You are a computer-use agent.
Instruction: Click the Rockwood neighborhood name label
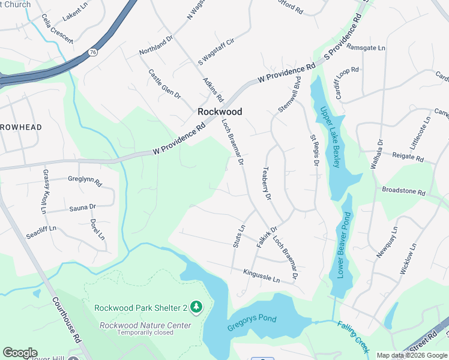[x=220, y=112]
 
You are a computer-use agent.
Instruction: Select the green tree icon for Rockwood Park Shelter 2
[x=196, y=307]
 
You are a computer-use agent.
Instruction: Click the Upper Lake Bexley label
[x=331, y=137]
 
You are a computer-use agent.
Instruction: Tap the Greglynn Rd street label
[x=85, y=179]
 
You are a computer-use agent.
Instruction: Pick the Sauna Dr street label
[x=82, y=207]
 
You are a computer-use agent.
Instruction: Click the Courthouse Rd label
[x=66, y=320]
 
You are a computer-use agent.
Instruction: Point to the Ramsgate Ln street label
[x=366, y=47]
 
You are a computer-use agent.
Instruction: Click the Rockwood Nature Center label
[x=145, y=325]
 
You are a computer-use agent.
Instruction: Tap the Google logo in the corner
[x=20, y=353]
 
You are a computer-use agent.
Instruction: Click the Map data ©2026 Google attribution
[x=412, y=355]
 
